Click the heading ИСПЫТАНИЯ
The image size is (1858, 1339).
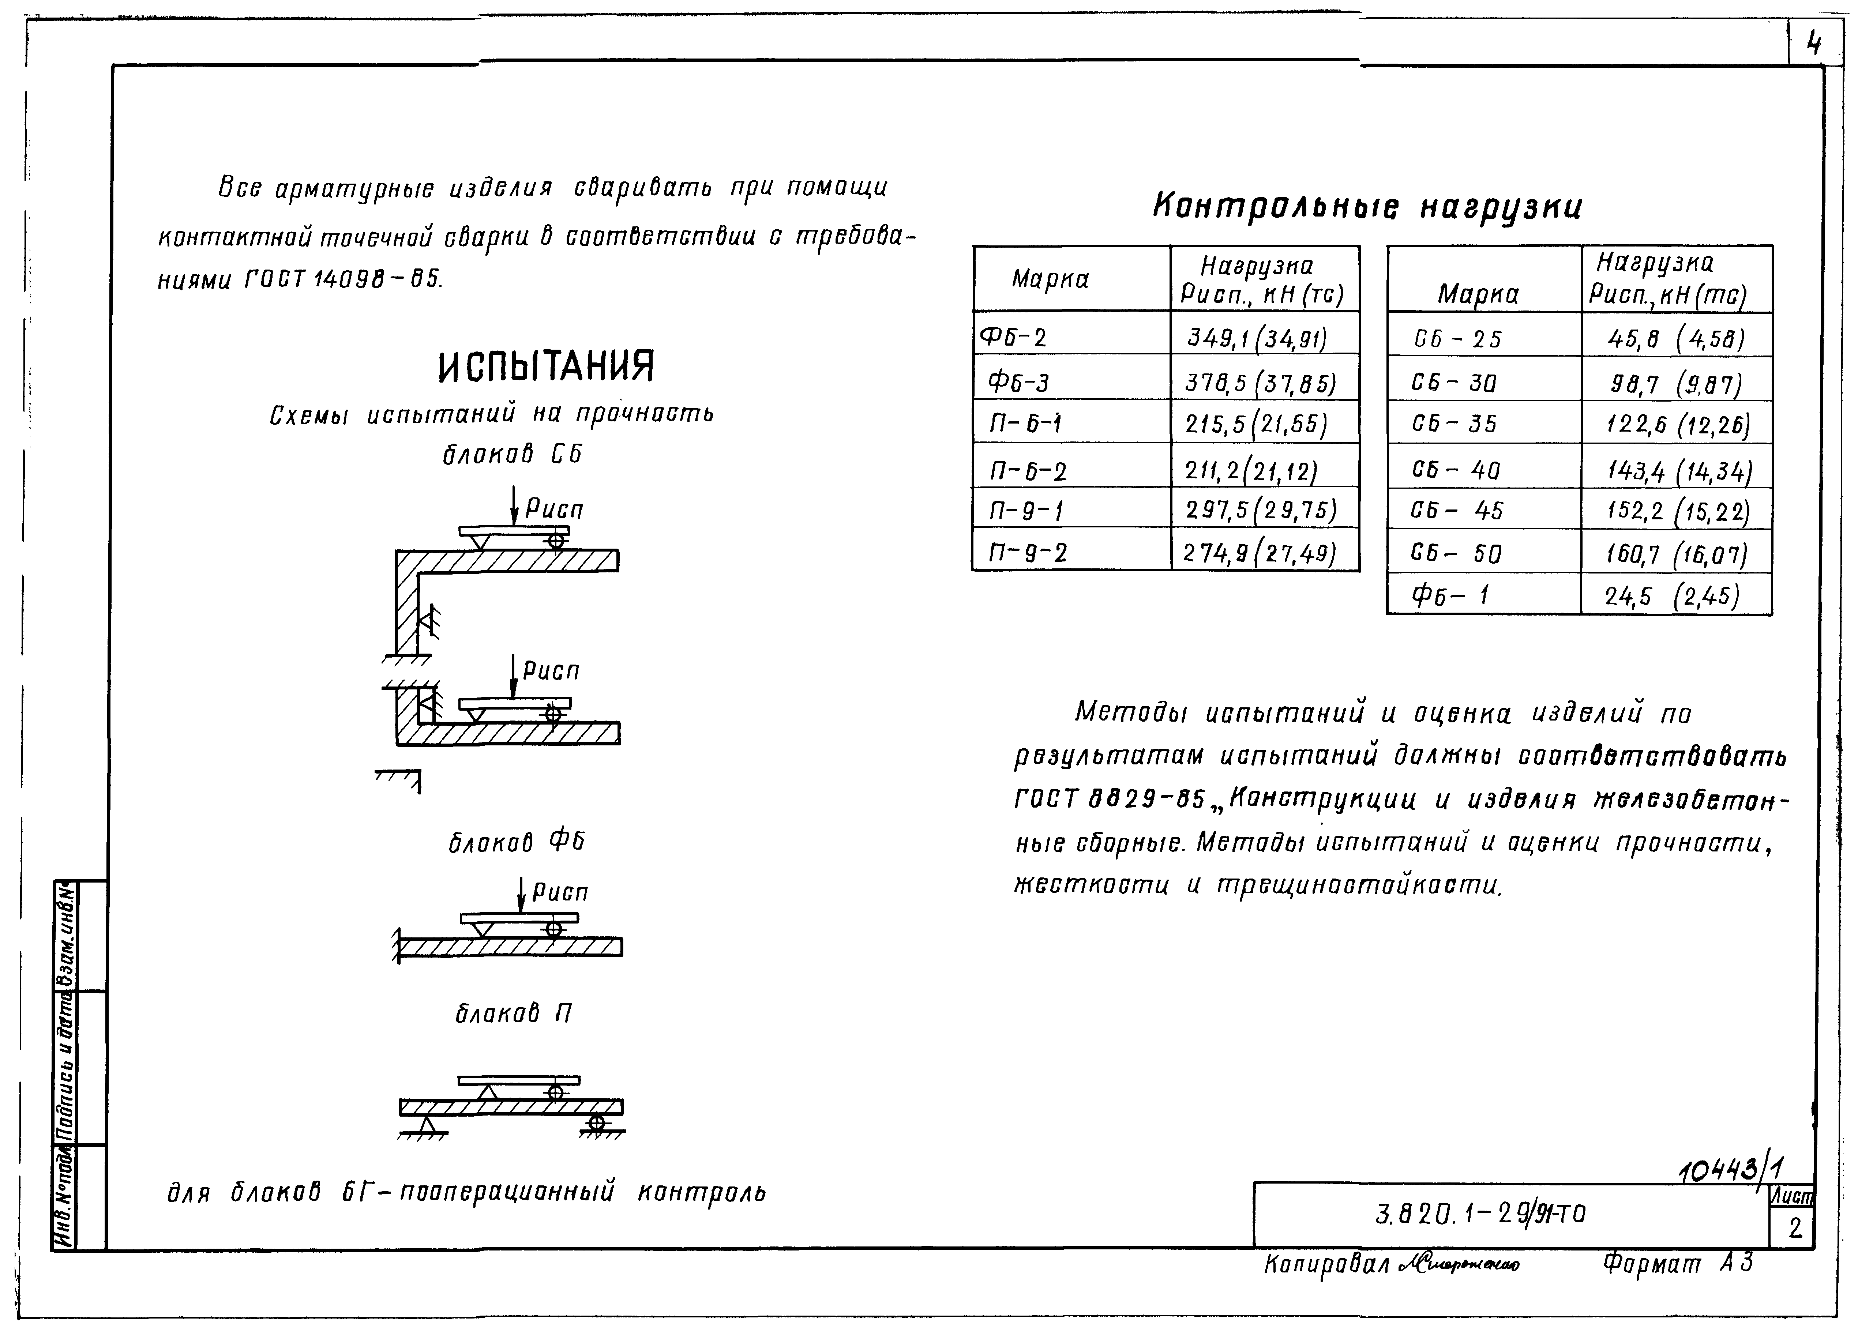(547, 366)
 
